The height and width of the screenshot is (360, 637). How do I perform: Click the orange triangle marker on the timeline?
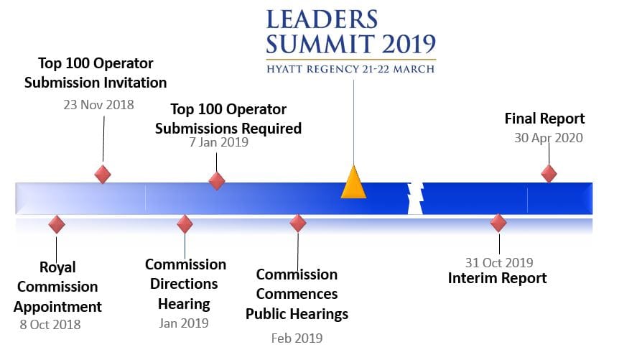point(353,184)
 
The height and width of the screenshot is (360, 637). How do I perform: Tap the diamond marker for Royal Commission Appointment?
point(57,224)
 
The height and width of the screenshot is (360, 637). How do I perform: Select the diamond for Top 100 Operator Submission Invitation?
point(103,174)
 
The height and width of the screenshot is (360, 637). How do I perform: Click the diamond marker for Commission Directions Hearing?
point(185,224)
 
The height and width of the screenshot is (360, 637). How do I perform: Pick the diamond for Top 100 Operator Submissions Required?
point(217,181)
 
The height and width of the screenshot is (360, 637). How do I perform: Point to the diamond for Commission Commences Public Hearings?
point(298,223)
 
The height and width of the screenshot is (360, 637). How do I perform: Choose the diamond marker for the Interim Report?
point(498,223)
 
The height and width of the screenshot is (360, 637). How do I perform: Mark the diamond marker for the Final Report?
point(549,173)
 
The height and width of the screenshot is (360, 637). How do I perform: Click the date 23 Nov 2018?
point(98,105)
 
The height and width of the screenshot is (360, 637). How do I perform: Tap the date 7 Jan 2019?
point(218,142)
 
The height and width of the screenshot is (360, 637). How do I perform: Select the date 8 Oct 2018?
point(50,324)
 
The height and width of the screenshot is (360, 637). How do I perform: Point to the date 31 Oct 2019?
point(498,263)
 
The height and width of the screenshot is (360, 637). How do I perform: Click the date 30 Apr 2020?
point(548,137)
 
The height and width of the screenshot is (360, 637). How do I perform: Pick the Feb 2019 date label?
point(297,338)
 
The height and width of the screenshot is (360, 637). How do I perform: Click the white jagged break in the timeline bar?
point(415,198)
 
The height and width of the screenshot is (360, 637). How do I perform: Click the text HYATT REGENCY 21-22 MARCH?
point(350,69)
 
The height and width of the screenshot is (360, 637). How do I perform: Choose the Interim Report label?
point(498,278)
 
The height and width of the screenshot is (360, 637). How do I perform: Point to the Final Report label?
point(544,119)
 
